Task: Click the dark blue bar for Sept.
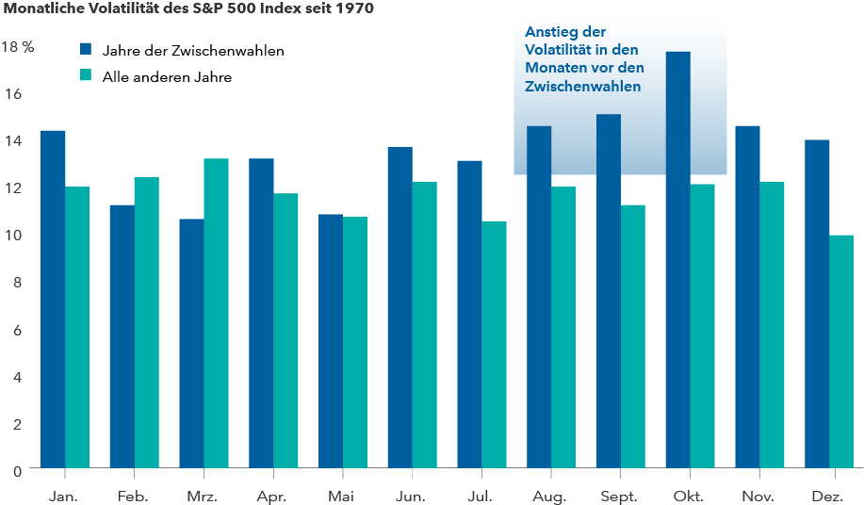point(608,291)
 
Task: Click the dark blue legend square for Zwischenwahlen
point(86,50)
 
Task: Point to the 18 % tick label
point(18,46)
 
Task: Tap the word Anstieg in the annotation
point(549,33)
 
